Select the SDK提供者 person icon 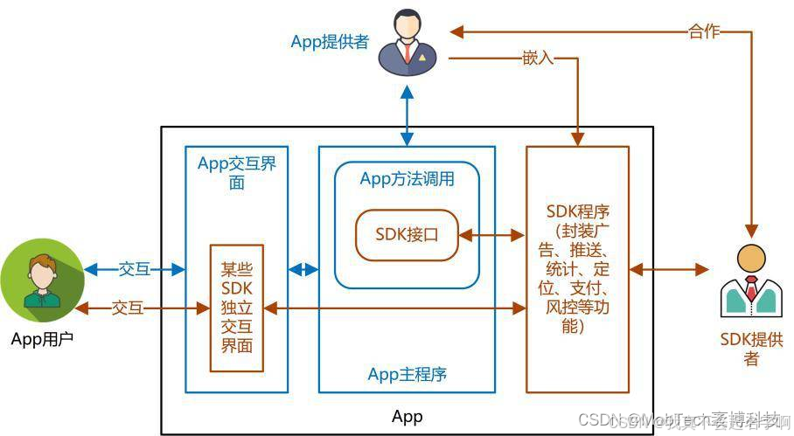click(x=749, y=282)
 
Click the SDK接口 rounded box click(x=406, y=235)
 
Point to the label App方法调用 click(x=407, y=178)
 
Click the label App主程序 click(x=407, y=374)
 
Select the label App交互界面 click(x=236, y=172)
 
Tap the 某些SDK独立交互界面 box click(x=236, y=308)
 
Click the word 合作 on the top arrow click(x=704, y=31)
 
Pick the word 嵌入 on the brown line click(x=538, y=59)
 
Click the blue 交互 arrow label click(x=135, y=269)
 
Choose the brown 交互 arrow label click(x=129, y=308)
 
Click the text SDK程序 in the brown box click(x=577, y=211)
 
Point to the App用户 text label click(x=43, y=339)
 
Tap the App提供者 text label click(x=330, y=41)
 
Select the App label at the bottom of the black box click(x=407, y=416)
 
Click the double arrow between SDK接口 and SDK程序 click(x=491, y=235)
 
